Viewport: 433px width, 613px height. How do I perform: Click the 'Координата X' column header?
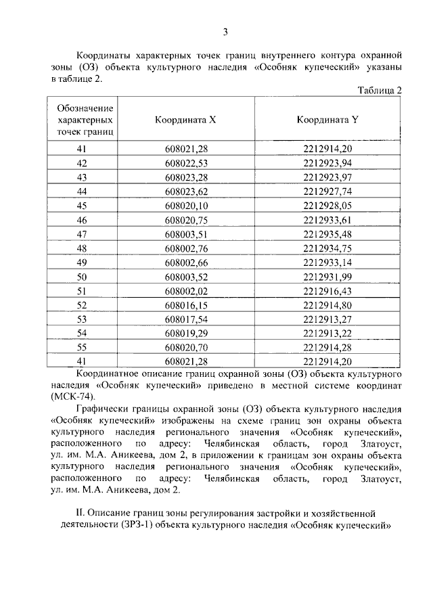(185, 119)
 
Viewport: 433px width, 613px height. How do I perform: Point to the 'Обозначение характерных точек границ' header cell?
(85, 119)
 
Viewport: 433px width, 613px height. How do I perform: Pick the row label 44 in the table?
(83, 191)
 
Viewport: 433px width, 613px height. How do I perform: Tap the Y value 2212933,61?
(328, 220)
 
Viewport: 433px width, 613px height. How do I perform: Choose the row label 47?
(83, 234)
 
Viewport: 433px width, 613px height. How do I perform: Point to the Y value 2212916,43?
(328, 291)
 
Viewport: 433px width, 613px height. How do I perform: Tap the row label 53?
(83, 319)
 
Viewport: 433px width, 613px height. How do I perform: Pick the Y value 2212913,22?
(328, 334)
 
